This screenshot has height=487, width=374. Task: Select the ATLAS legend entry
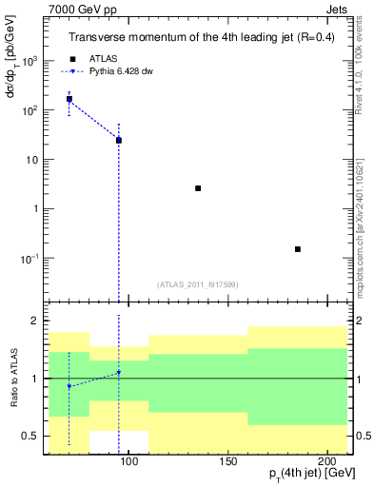pos(106,58)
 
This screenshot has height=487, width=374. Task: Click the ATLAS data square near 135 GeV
pos(198,188)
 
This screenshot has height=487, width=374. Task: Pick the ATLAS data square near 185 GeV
pos(298,249)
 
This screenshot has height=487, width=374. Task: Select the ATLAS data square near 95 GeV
pos(119,140)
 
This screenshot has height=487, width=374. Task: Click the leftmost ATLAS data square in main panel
pos(69,99)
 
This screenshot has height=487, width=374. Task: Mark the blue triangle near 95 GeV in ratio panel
pos(119,372)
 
